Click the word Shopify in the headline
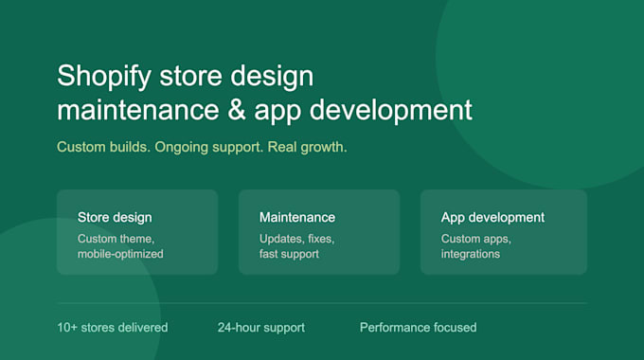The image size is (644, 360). tap(104, 77)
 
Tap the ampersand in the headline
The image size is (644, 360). tap(237, 109)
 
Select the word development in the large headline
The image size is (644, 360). tap(390, 111)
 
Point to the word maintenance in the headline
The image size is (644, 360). tap(138, 110)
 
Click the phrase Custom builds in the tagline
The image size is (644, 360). tap(103, 147)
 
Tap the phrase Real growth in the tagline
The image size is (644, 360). tap(307, 147)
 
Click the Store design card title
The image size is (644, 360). tap(115, 217)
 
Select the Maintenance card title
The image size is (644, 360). tap(297, 217)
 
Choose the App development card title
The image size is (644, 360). tap(492, 217)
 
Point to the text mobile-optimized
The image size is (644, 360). tap(120, 254)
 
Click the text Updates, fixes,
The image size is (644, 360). tap(297, 239)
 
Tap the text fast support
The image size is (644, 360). tap(289, 254)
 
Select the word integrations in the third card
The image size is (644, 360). tap(471, 254)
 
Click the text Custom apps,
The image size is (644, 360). tap(476, 239)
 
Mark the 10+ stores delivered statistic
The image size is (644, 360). tap(113, 328)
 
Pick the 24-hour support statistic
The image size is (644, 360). tap(261, 328)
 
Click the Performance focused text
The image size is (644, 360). tap(418, 328)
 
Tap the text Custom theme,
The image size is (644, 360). tap(116, 239)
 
